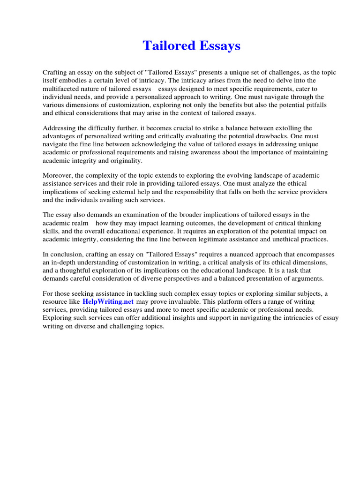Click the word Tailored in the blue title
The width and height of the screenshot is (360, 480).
coord(165,46)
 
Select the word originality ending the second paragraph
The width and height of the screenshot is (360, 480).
coord(125,160)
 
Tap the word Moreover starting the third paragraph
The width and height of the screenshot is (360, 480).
coord(57,175)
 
